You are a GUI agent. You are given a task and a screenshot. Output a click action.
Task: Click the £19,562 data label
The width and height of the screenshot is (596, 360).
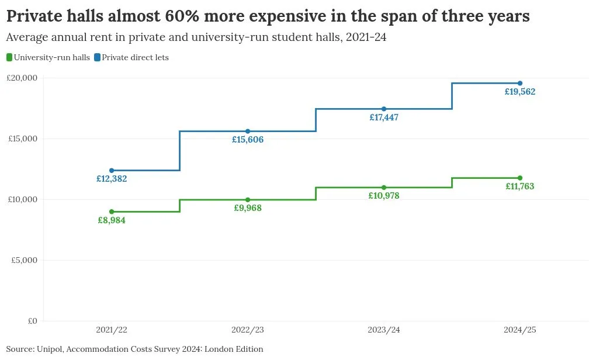tap(520, 92)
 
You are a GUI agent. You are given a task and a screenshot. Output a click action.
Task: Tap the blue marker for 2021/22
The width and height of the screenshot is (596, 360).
tap(112, 171)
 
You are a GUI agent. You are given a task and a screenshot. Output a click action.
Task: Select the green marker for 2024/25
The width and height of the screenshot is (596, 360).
tap(520, 178)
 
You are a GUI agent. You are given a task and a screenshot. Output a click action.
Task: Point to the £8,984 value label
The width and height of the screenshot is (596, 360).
tap(112, 220)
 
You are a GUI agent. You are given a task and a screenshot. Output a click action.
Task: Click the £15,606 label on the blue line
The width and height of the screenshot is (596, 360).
tap(248, 140)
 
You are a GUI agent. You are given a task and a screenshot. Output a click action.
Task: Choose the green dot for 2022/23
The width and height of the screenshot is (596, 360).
tap(248, 200)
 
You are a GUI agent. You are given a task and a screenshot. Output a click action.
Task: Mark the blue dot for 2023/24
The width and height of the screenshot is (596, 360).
tap(384, 109)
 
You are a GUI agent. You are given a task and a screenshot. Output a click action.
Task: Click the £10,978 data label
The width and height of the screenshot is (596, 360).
tap(384, 196)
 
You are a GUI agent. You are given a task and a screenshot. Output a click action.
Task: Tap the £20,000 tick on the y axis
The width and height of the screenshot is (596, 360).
tap(22, 78)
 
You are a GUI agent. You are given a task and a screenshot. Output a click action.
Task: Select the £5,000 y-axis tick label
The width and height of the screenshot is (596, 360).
tap(25, 260)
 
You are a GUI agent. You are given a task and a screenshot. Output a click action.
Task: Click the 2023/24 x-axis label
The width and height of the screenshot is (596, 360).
tap(384, 330)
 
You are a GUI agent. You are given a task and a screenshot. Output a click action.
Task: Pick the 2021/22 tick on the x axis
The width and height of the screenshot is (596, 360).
tap(112, 330)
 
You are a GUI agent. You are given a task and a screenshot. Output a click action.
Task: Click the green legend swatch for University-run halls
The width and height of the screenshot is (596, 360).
tap(9, 57)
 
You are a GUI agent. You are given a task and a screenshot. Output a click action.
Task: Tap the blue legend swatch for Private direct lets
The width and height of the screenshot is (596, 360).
tap(97, 57)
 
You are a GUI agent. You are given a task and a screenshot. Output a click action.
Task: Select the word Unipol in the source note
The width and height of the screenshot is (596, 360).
tap(49, 349)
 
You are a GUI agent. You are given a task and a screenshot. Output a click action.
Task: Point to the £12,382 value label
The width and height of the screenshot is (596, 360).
tap(112, 179)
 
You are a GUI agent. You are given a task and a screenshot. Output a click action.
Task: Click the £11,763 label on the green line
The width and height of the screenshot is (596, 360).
tap(520, 186)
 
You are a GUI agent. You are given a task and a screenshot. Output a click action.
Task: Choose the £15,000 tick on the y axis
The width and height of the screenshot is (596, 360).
tap(22, 139)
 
